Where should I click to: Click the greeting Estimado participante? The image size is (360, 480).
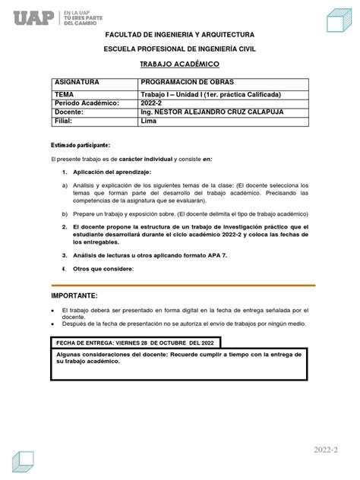point(81,144)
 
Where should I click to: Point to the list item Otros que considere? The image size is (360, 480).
point(103,269)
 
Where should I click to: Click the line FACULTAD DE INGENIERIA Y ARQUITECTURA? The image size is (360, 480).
point(180,35)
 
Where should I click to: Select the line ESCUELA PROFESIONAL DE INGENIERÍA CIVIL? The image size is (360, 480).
point(180,49)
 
